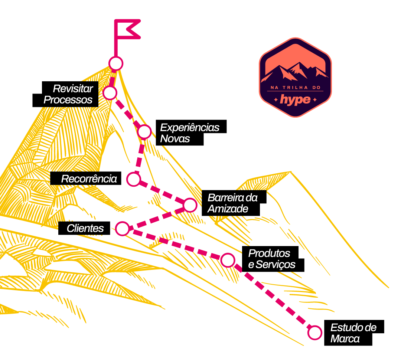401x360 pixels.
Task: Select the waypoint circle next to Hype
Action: pyautogui.click(x=116, y=63)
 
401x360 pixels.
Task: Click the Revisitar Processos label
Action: pyautogui.click(x=69, y=94)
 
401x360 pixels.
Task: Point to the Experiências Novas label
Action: pyautogui.click(x=189, y=133)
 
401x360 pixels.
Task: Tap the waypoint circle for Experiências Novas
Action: pyautogui.click(x=144, y=131)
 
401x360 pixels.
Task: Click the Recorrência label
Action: pyautogui.click(x=89, y=179)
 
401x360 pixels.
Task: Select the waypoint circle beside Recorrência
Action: pyautogui.click(x=133, y=179)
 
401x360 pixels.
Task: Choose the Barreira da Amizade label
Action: pyautogui.click(x=232, y=203)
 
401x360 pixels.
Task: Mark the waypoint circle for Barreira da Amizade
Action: pyautogui.click(x=190, y=204)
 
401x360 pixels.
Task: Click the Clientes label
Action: pyautogui.click(x=85, y=229)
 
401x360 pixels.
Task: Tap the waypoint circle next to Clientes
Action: pyautogui.click(x=122, y=229)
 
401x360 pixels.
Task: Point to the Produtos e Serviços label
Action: pyautogui.click(x=271, y=259)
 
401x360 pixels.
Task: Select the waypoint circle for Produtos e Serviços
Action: pyautogui.click(x=228, y=260)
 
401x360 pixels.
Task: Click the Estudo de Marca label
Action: pyautogui.click(x=353, y=333)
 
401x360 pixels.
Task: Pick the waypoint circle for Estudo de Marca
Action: pyautogui.click(x=315, y=333)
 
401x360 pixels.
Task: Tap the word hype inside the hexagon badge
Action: pyautogui.click(x=295, y=99)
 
